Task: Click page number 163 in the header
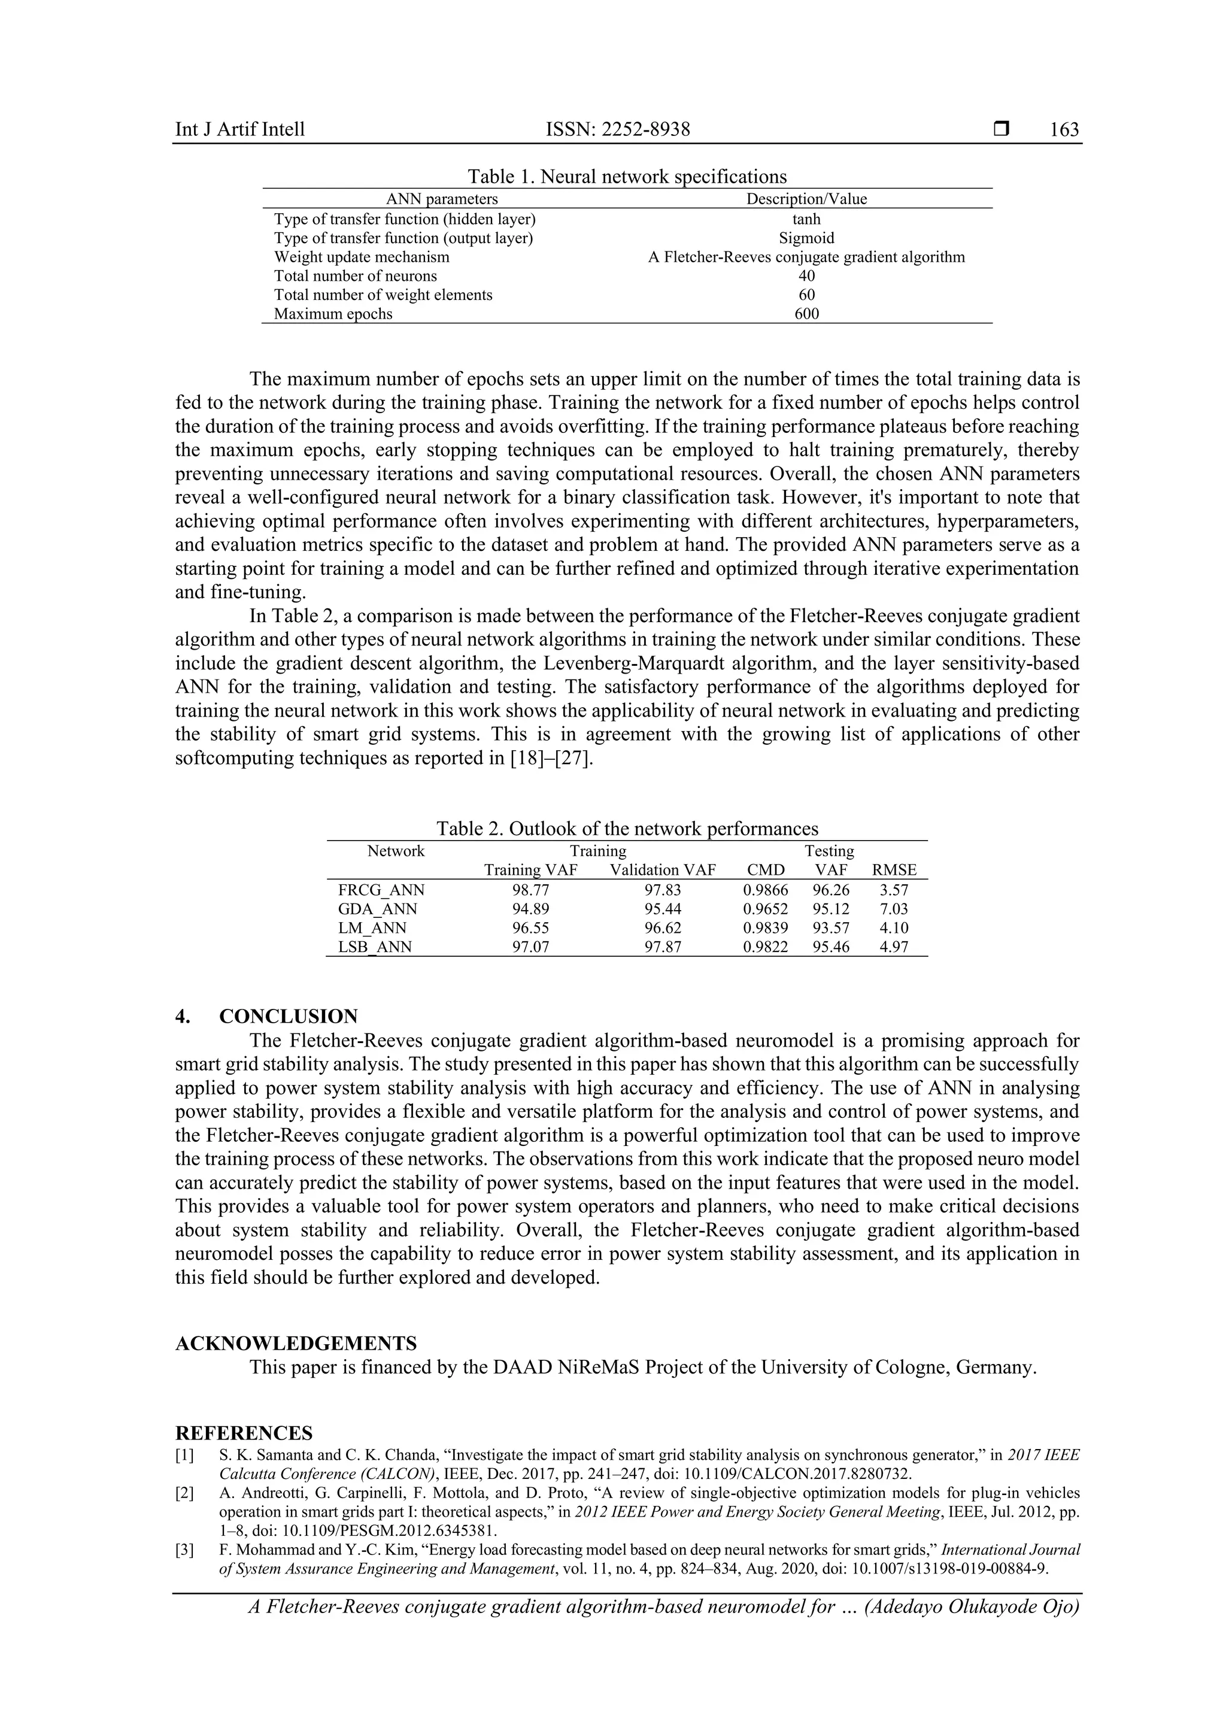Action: tap(1064, 130)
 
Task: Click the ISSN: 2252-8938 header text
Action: tap(618, 130)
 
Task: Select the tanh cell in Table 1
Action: tap(806, 220)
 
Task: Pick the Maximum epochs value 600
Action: tap(806, 314)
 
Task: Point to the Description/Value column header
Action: tap(806, 199)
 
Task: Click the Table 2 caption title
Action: tap(627, 829)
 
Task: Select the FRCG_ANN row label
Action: tap(381, 890)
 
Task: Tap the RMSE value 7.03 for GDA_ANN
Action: tap(894, 910)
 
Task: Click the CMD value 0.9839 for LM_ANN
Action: tap(766, 928)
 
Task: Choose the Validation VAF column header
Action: tap(663, 870)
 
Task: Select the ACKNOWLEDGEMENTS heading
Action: tap(296, 1344)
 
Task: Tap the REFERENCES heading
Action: tap(244, 1433)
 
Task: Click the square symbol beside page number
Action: tap(1001, 130)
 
